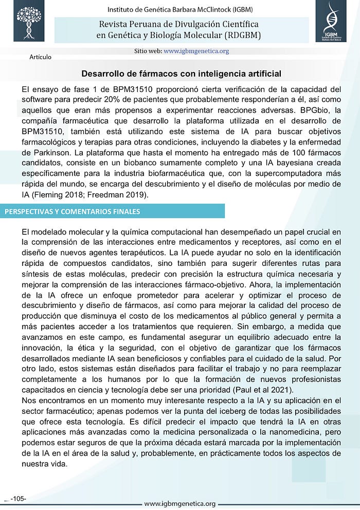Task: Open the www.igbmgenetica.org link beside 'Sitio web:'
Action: coord(196,51)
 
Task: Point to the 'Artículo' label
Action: coord(41,57)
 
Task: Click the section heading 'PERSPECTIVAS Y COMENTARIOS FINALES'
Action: coord(72,211)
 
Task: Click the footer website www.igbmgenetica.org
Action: coord(180,503)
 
